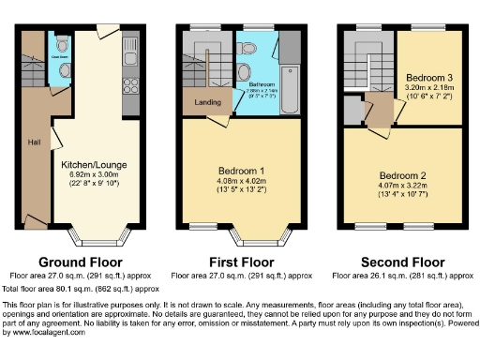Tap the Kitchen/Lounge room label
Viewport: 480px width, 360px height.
[94, 165]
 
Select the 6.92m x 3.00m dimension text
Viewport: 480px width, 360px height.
[94, 174]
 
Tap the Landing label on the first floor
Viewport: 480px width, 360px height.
[207, 102]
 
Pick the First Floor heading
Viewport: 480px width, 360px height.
[240, 262]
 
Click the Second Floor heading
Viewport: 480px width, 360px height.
[403, 262]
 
